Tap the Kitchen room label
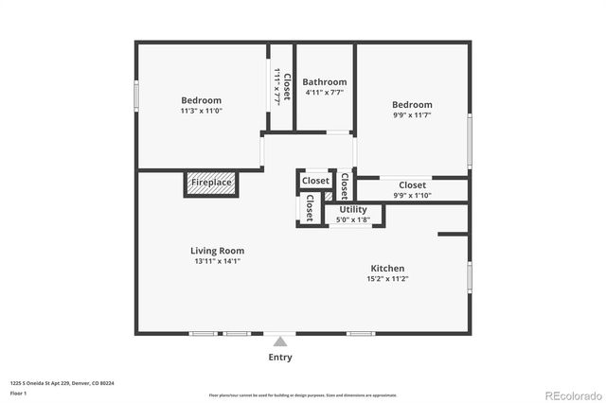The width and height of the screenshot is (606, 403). pos(387,269)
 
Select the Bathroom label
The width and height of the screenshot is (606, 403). pos(325,82)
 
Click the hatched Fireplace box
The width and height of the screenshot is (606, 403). pos(210,184)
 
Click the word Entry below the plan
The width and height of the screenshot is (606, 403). pos(280,358)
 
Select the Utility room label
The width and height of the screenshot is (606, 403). pos(353,209)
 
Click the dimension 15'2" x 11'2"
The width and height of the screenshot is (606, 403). pos(387,280)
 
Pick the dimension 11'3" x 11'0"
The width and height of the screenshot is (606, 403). pos(201,112)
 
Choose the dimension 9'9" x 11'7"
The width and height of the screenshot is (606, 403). pos(412,116)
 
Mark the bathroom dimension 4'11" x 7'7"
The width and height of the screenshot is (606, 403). pos(325,93)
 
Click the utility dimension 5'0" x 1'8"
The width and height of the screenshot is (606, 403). pos(353,219)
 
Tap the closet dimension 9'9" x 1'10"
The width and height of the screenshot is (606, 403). pos(412,196)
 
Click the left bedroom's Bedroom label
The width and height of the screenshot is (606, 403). pos(201,100)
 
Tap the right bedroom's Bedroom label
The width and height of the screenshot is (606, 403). pos(412,105)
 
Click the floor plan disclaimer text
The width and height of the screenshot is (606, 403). pos(303,394)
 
